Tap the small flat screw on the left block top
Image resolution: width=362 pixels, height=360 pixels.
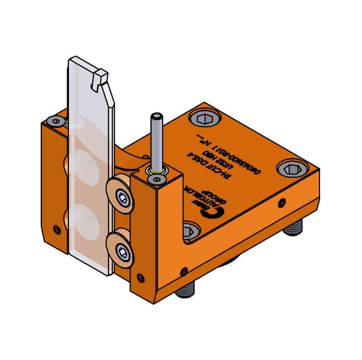tap(55, 121)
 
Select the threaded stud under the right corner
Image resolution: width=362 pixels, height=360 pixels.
tap(295, 229)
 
